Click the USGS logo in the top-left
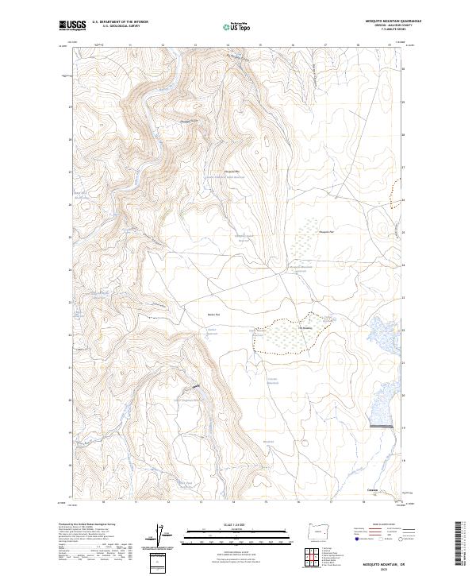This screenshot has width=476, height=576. click(72, 25)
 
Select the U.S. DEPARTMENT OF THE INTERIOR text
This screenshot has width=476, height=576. click(120, 21)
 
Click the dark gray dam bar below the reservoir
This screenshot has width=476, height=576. click(383, 427)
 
